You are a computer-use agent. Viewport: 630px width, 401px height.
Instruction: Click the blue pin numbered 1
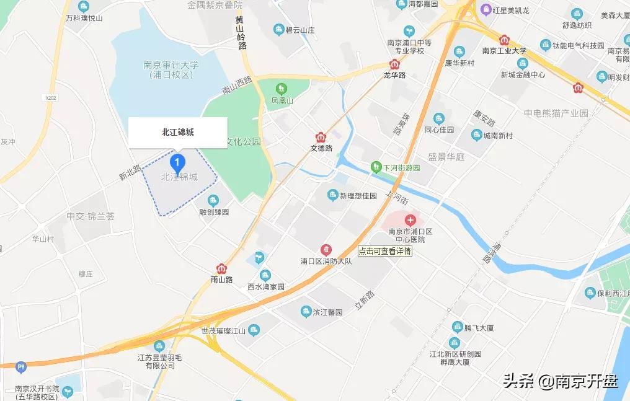pyautogui.click(x=178, y=164)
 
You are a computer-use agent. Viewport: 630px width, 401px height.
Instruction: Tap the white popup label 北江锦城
pyautogui.click(x=177, y=132)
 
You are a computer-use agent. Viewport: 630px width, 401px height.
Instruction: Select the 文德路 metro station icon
pyautogui.click(x=321, y=137)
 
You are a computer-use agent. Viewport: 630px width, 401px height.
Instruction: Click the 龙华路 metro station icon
pyautogui.click(x=394, y=64)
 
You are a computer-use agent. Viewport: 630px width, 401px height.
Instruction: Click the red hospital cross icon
pyautogui.click(x=410, y=219)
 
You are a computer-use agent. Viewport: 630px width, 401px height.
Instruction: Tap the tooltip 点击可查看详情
pyautogui.click(x=385, y=252)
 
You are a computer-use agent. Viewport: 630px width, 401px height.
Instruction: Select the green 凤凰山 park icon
pyautogui.click(x=282, y=89)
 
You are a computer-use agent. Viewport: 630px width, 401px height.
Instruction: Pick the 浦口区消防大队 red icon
pyautogui.click(x=326, y=249)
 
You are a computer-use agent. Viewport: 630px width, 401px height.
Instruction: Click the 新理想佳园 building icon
pyautogui.click(x=333, y=195)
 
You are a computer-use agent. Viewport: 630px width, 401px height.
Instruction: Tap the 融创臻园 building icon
pyautogui.click(x=213, y=200)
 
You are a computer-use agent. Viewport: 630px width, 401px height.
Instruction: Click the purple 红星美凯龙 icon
pyautogui.click(x=486, y=10)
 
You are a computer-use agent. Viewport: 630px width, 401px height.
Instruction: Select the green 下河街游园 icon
pyautogui.click(x=376, y=167)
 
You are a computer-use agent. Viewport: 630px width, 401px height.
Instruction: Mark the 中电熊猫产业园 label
pyautogui.click(x=556, y=113)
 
